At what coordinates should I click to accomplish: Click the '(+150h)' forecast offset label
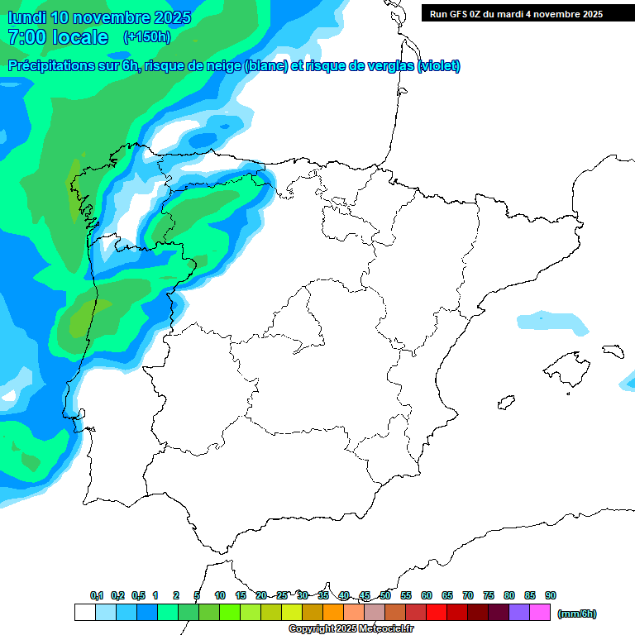(x=146, y=36)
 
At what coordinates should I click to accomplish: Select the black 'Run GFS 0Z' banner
(x=516, y=13)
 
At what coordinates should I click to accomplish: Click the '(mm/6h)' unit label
(x=577, y=614)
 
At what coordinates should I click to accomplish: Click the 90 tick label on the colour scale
(x=551, y=595)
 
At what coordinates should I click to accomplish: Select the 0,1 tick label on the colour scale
(x=97, y=595)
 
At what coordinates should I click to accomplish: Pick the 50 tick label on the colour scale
(x=385, y=595)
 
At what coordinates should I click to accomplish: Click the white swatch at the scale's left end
(x=84, y=612)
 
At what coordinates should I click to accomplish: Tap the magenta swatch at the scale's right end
(x=540, y=612)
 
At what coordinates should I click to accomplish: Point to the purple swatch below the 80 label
(x=519, y=612)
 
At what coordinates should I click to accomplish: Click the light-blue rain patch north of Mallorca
(x=552, y=322)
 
